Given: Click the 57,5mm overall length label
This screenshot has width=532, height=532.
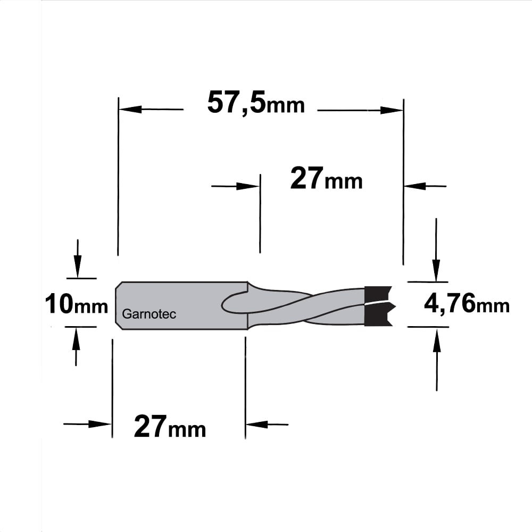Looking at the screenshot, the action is (256, 103).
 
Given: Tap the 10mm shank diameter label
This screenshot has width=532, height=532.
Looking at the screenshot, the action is (76, 304).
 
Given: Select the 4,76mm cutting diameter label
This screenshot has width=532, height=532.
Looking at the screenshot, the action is (467, 304).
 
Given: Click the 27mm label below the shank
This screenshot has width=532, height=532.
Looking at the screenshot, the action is (170, 427).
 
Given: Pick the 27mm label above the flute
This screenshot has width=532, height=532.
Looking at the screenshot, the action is (327, 178).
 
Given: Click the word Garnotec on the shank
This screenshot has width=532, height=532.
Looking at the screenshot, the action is (149, 314).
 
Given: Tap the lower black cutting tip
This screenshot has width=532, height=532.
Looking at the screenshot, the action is (378, 314).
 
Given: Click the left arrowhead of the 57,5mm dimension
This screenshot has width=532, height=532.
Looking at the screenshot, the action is (130, 109).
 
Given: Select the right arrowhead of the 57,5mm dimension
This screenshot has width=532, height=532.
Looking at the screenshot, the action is (392, 110).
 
